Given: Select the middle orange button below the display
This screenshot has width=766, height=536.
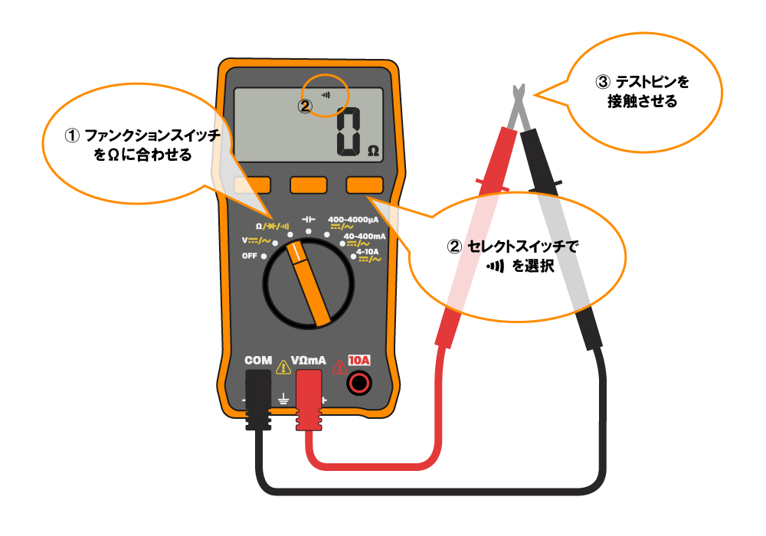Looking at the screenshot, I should point(309,185).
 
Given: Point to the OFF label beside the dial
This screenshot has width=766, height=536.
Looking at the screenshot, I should point(249,256).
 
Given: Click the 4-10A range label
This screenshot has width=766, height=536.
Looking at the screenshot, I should point(368,250).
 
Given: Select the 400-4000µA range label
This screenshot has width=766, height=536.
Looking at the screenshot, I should point(353,219).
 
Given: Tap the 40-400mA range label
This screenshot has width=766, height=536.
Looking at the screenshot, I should point(365,236).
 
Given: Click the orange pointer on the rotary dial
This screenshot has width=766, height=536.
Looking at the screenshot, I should point(309,282).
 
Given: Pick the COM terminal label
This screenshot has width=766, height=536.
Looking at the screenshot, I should point(257,360).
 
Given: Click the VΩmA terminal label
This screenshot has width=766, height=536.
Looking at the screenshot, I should point(309,360).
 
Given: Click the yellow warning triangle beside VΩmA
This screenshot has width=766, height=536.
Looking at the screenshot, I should point(283,365).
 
